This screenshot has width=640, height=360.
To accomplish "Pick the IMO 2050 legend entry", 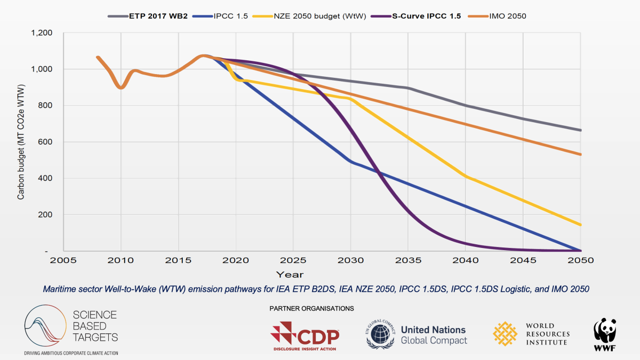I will (x=507, y=16).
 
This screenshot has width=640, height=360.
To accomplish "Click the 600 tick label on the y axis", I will (x=46, y=142).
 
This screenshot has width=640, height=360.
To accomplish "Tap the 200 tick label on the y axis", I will (x=46, y=214).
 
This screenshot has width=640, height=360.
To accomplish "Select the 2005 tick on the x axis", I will (x=63, y=261).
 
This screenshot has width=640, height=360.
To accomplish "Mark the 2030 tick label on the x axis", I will (x=351, y=261).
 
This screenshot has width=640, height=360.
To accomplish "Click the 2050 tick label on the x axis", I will (x=581, y=261).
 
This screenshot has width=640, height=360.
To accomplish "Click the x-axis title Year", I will (x=290, y=274).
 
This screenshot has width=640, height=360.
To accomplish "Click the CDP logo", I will (x=305, y=335).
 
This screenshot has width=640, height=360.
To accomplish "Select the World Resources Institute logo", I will (x=531, y=334).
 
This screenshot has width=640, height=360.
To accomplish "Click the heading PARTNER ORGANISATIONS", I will (x=311, y=309).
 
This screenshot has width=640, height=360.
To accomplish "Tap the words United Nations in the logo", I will (x=433, y=330).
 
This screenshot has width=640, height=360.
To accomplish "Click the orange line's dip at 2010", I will (x=121, y=87).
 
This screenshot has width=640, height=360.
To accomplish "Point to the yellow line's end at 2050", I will (x=580, y=225).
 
